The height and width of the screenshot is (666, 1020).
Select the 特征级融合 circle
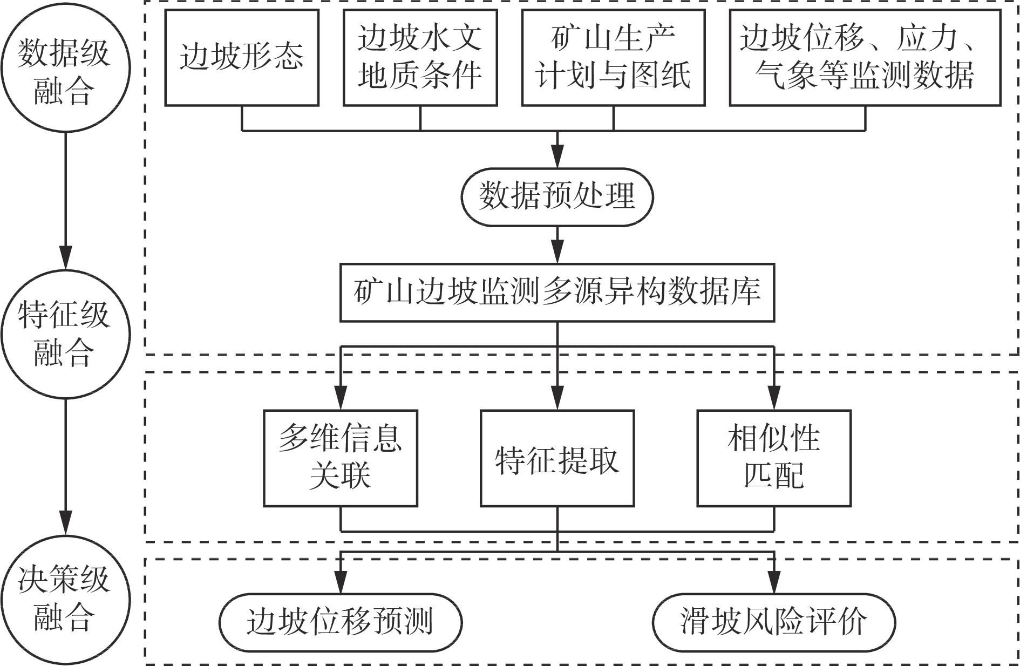coord(65,334)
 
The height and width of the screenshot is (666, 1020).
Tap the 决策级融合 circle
coord(65,598)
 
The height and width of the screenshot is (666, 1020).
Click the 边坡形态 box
coord(242,57)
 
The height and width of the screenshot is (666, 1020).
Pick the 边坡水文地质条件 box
coord(420,57)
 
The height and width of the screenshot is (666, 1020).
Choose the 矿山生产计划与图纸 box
coord(613,57)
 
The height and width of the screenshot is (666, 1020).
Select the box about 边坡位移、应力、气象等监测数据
coord(865,57)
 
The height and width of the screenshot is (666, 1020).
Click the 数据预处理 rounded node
coord(557,196)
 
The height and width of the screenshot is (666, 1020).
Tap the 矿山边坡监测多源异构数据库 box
coord(557,293)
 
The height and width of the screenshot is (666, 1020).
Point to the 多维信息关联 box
coord(341,458)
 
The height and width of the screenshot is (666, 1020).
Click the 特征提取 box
coord(557,458)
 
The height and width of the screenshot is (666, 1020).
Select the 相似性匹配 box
coord(774,458)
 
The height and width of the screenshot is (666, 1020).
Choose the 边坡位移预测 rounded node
coord(341,622)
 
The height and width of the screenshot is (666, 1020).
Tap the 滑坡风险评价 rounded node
coord(774,622)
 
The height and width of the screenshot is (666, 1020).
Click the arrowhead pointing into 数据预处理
coord(557,160)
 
